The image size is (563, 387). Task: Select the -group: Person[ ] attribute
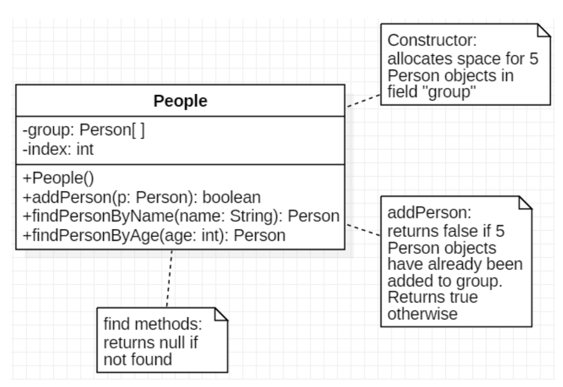point(83,131)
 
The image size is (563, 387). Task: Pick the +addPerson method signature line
point(141,197)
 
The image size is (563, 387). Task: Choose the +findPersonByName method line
point(180,216)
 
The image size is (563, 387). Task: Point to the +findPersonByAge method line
point(154,235)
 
